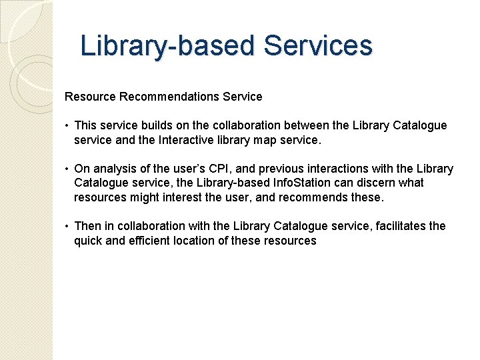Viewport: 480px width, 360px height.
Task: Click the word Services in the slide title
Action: click(317, 46)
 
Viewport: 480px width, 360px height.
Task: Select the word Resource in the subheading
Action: click(91, 97)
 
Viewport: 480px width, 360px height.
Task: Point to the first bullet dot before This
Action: click(67, 125)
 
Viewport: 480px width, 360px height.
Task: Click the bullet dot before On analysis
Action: click(67, 169)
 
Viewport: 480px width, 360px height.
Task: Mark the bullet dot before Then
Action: click(67, 226)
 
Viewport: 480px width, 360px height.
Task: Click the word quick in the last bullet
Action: click(88, 241)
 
